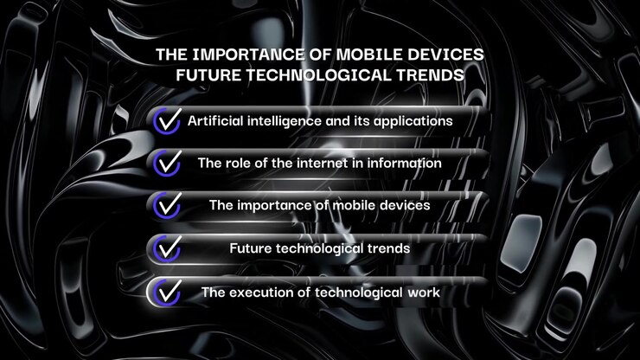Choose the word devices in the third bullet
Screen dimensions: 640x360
pos(405,205)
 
